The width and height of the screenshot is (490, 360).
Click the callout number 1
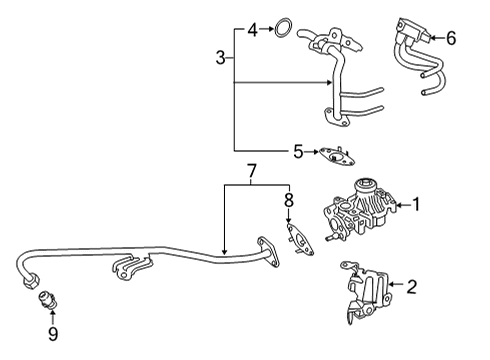[x=417, y=207]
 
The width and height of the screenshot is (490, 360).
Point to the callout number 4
[x=254, y=29]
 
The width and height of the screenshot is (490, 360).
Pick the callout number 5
[x=297, y=152]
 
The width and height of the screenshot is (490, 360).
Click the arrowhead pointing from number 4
[x=268, y=29]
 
